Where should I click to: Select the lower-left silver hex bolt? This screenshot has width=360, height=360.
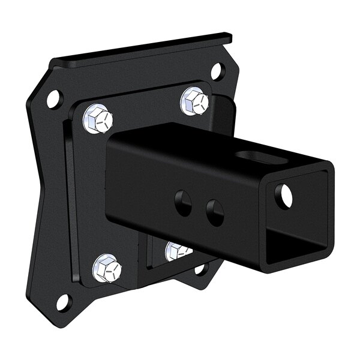tap(107, 268)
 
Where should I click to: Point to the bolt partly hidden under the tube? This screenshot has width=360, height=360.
tap(177, 250)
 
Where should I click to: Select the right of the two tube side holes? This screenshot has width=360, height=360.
tap(214, 211)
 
